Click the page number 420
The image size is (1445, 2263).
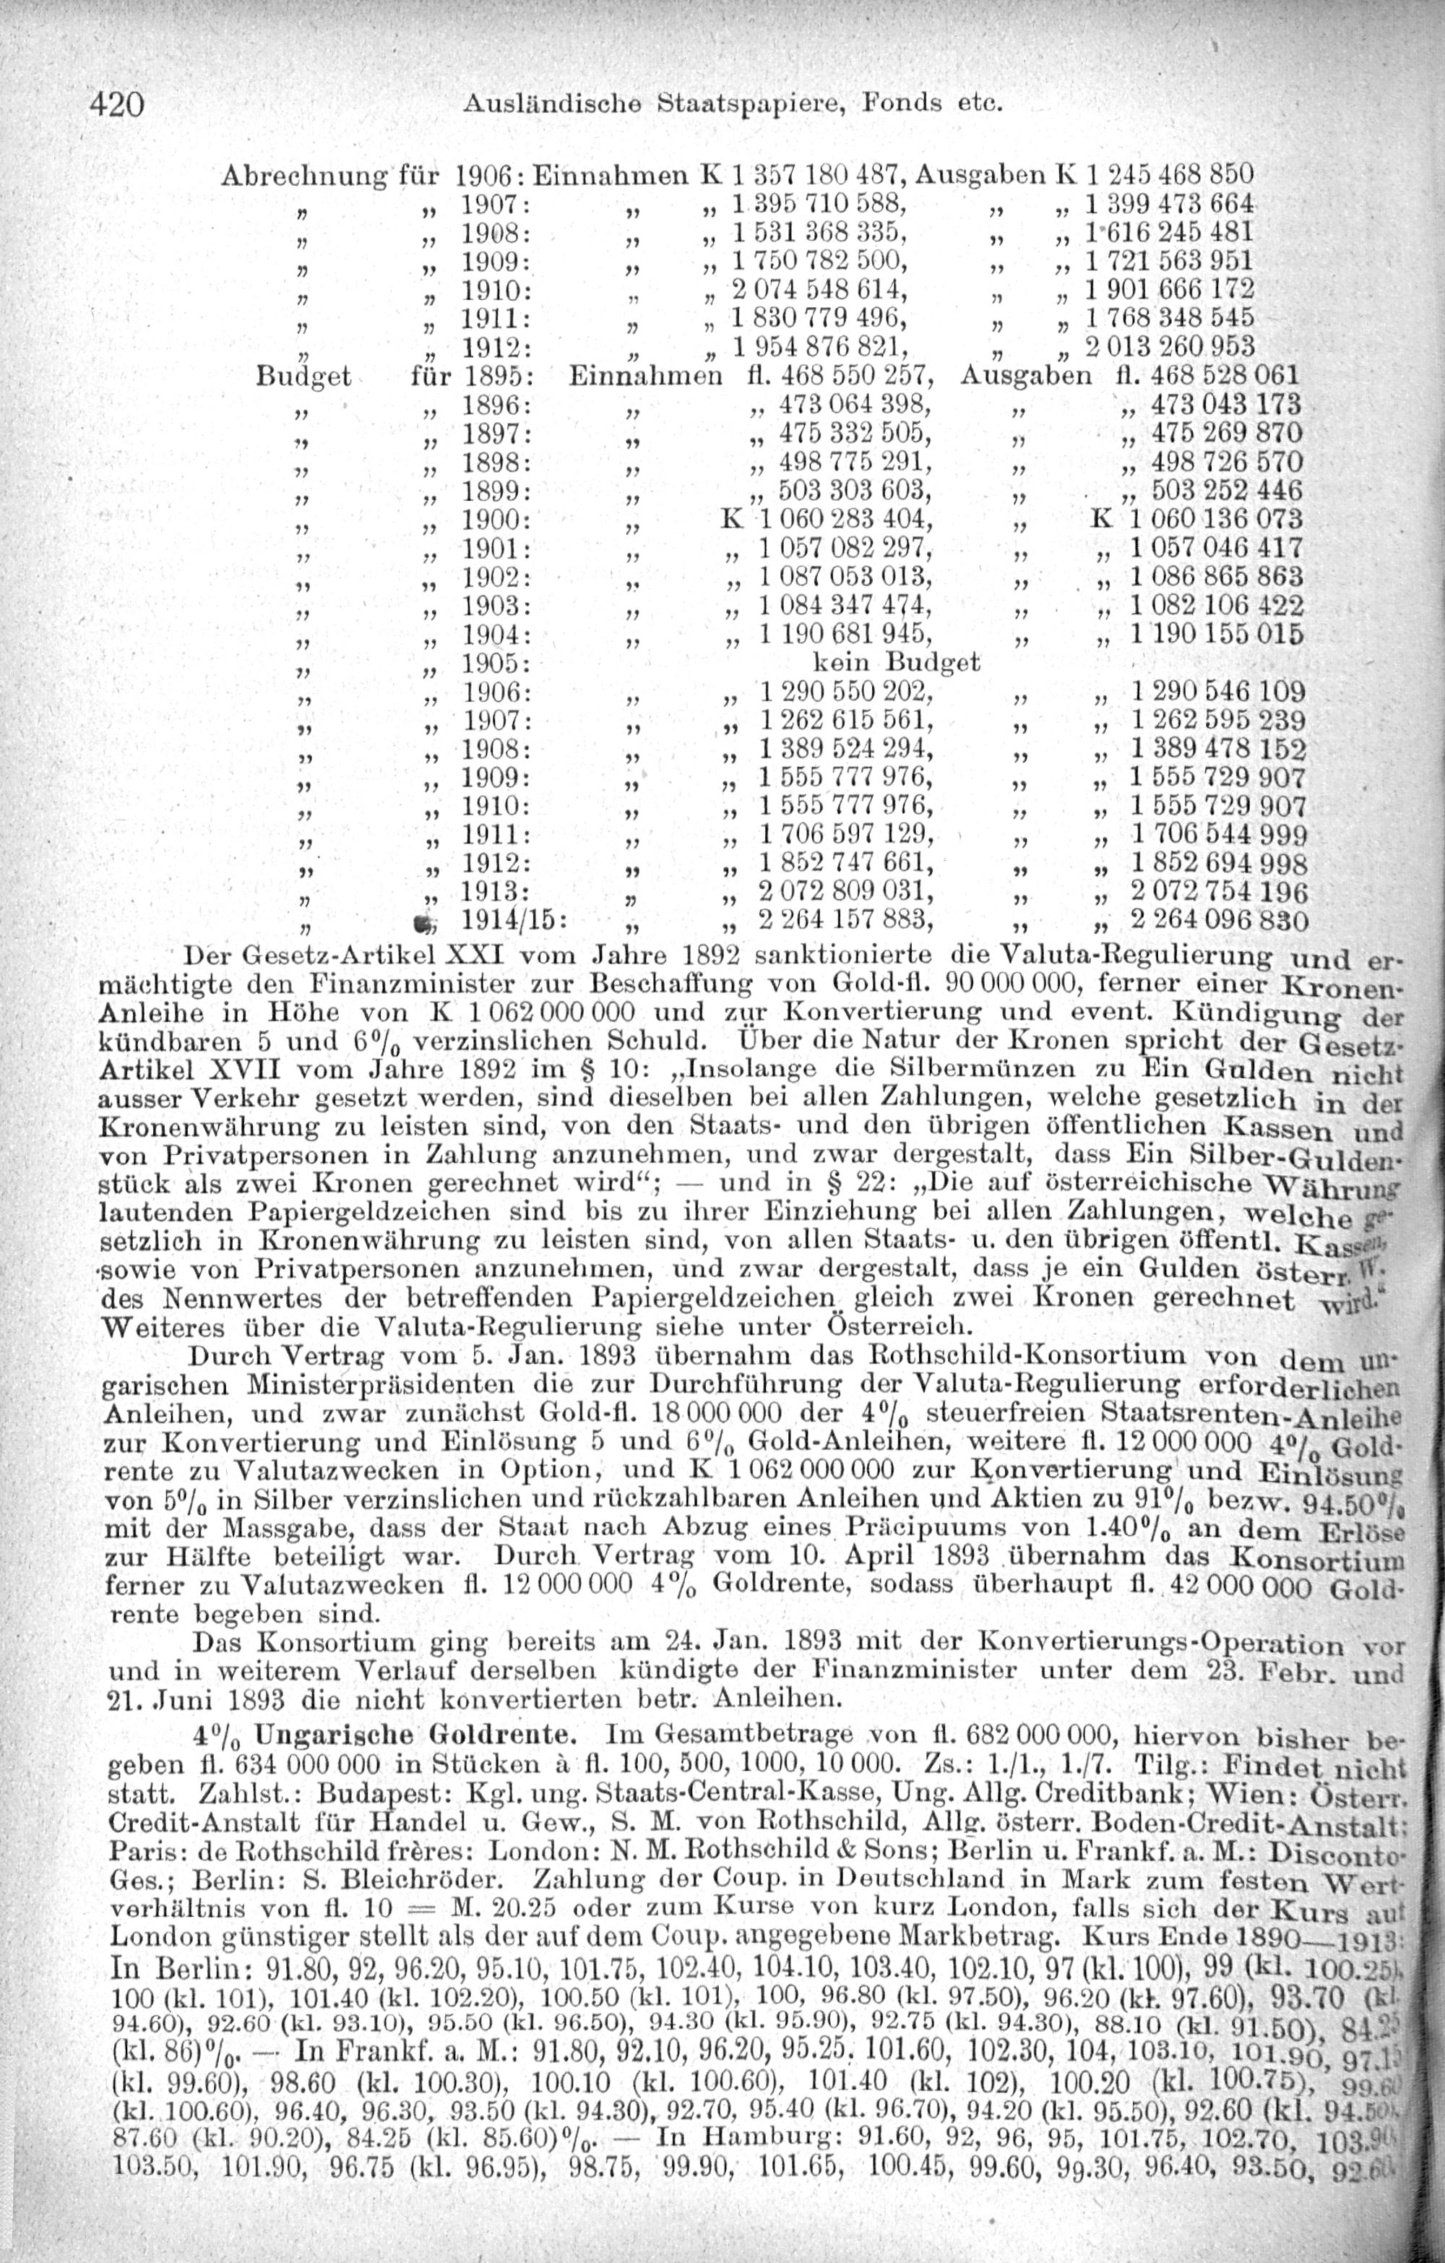click(116, 103)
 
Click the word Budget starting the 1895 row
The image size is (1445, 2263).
click(303, 377)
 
